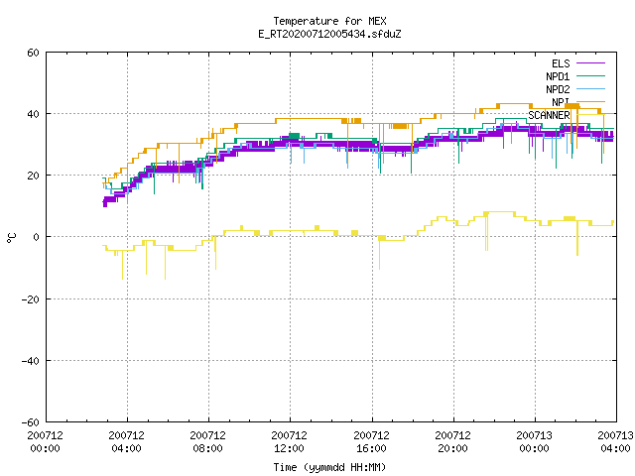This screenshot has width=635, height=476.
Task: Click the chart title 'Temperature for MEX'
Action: [x=329, y=21]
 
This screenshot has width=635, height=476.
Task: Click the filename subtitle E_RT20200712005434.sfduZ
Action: [x=329, y=34]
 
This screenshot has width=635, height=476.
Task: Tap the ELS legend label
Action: [x=561, y=63]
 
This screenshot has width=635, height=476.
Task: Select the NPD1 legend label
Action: [x=558, y=76]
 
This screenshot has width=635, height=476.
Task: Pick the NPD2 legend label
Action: [x=558, y=89]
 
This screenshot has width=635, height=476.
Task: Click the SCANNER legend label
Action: [x=549, y=115]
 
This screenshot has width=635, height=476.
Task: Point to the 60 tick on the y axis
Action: [x=33, y=53]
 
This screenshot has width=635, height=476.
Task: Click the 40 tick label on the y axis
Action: [x=33, y=114]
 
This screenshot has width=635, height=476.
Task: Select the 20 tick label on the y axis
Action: [x=33, y=176]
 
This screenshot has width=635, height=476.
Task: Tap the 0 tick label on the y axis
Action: [x=37, y=237]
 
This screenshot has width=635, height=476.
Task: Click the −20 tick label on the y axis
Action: [x=31, y=299]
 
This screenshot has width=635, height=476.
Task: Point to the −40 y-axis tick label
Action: [x=31, y=361]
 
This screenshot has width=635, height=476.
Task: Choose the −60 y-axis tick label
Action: [x=31, y=422]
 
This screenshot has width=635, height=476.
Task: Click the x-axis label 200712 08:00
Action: [x=207, y=441]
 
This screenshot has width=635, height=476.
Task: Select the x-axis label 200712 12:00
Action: [x=289, y=441]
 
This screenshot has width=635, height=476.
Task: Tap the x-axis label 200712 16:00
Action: [x=371, y=441]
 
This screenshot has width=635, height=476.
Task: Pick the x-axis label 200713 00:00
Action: [x=534, y=441]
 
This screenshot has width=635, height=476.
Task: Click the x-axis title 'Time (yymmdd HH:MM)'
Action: [x=329, y=467]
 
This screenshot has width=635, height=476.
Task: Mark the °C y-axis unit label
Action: [x=12, y=238]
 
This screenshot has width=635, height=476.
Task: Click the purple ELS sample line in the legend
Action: [x=590, y=63]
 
